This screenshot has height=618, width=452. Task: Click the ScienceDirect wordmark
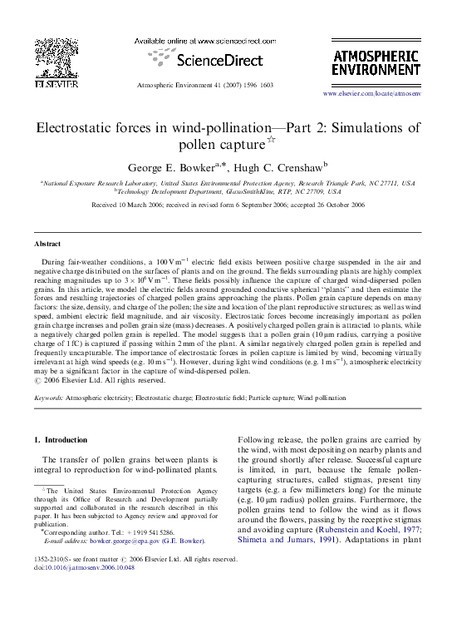tap(201, 60)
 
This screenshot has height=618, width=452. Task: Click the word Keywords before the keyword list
tap(49, 398)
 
